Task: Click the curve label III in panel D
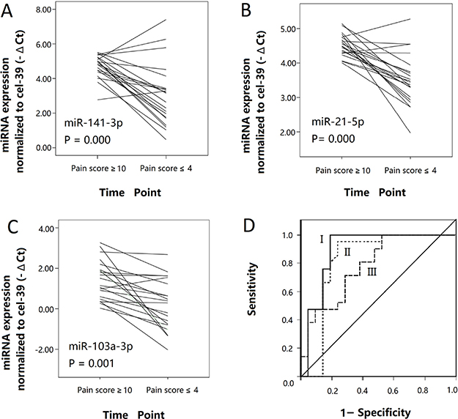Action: [x=372, y=272]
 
